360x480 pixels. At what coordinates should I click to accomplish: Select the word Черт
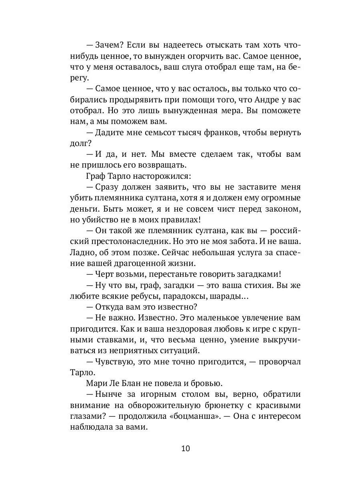[x=104, y=274]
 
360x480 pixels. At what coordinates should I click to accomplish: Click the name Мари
[x=95, y=383]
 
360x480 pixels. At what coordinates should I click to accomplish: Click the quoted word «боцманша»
[x=195, y=416]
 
